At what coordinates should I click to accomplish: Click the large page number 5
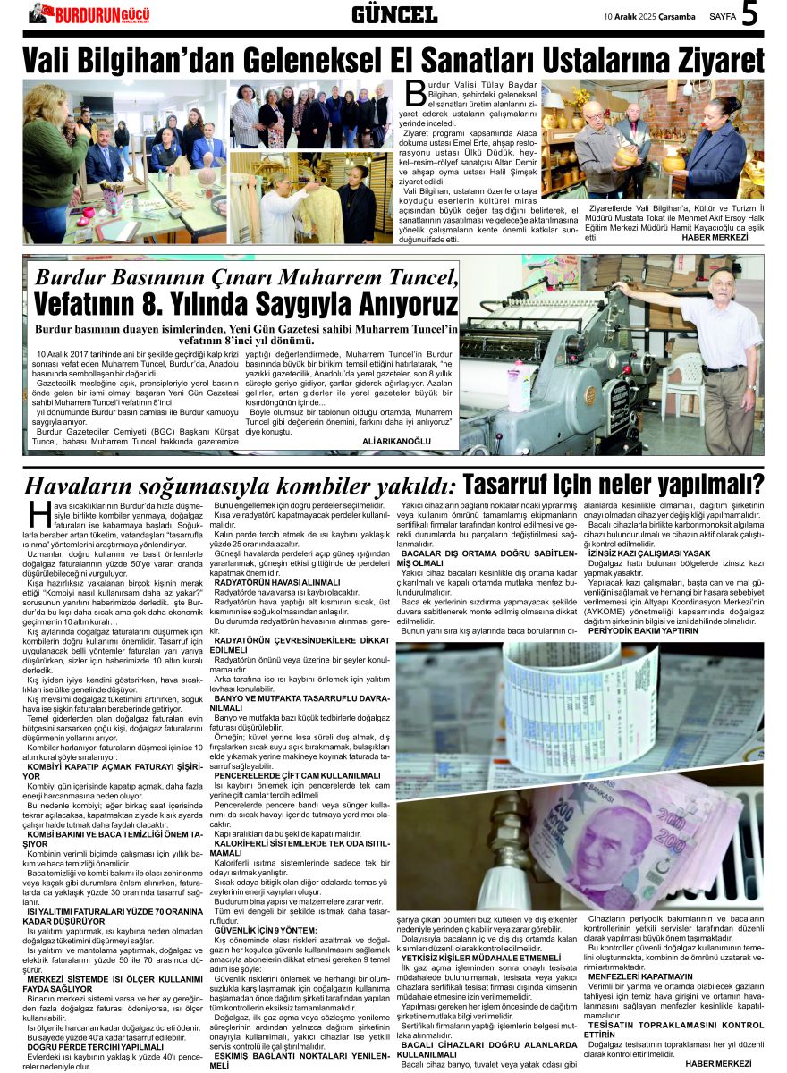749,14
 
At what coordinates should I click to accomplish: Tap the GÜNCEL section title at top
394,14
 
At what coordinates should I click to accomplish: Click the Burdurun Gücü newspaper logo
89,13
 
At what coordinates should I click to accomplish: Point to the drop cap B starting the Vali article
414,92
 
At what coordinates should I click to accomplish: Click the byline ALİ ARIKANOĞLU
396,441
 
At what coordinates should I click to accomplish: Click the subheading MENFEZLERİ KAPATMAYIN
640,976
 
